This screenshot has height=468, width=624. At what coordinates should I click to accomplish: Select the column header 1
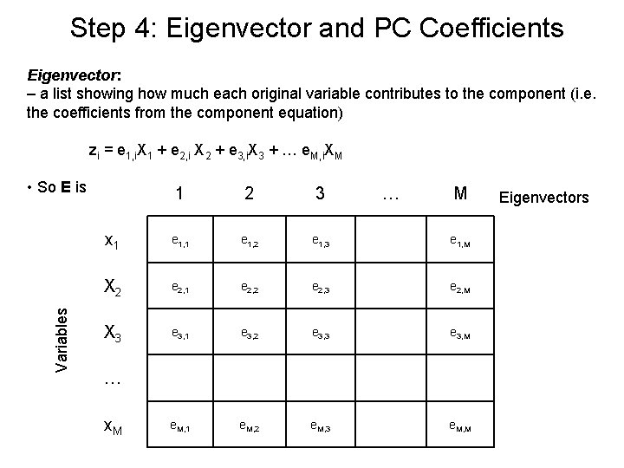179,195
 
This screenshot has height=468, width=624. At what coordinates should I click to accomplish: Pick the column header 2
249,195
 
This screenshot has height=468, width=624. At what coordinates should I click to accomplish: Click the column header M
459,195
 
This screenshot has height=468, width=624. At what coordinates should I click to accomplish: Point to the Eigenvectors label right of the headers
544,198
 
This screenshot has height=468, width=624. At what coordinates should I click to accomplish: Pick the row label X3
113,331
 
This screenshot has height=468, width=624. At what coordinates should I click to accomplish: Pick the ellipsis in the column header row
389,198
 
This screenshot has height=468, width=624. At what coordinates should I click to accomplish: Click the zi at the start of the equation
94,151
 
